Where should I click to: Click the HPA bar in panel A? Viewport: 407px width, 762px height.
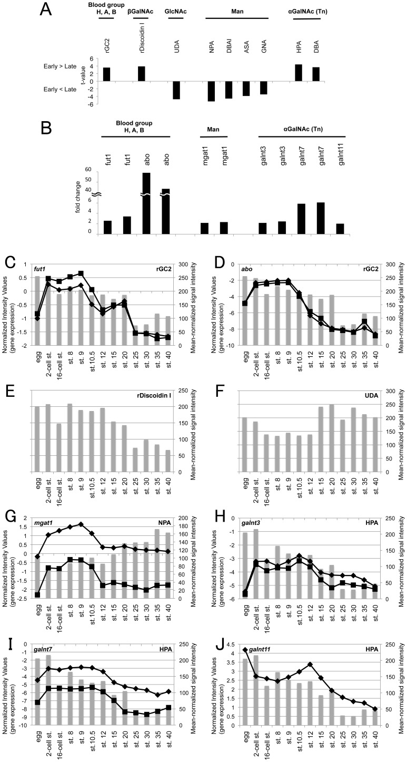[x=299, y=73]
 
